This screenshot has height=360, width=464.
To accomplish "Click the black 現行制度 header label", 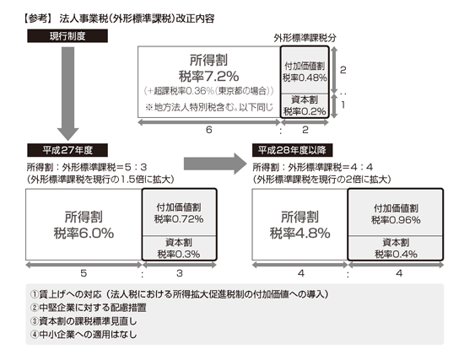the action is (x=67, y=36).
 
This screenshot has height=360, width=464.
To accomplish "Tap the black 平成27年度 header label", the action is (x=67, y=150).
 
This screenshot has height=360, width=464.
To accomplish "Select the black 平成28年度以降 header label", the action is (x=293, y=150).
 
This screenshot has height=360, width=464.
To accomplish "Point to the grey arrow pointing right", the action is (x=215, y=164).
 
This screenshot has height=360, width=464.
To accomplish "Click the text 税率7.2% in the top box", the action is (x=208, y=77).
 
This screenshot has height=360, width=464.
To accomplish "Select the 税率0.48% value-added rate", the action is (x=305, y=78).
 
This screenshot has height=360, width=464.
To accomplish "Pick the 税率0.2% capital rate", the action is (x=305, y=111).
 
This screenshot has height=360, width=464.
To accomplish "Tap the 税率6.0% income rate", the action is (x=84, y=233).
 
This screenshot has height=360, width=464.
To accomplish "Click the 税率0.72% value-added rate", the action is (x=179, y=219).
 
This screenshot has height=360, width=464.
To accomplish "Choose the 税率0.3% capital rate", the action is (x=179, y=254).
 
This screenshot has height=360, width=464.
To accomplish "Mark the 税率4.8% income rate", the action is (x=300, y=233).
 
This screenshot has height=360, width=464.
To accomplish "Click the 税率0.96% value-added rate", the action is (x=396, y=220).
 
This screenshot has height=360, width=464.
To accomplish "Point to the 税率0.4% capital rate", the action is (x=396, y=254).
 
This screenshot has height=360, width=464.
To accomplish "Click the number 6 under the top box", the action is (x=209, y=130).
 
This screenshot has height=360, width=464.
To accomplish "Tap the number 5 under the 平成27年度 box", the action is (x=84, y=273).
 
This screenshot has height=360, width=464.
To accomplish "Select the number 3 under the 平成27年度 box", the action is (x=180, y=273).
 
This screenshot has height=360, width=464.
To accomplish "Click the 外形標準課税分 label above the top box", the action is (x=305, y=38).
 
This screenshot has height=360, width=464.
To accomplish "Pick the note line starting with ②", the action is (x=89, y=308).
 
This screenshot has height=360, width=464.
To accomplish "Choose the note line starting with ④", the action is (x=84, y=334).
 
